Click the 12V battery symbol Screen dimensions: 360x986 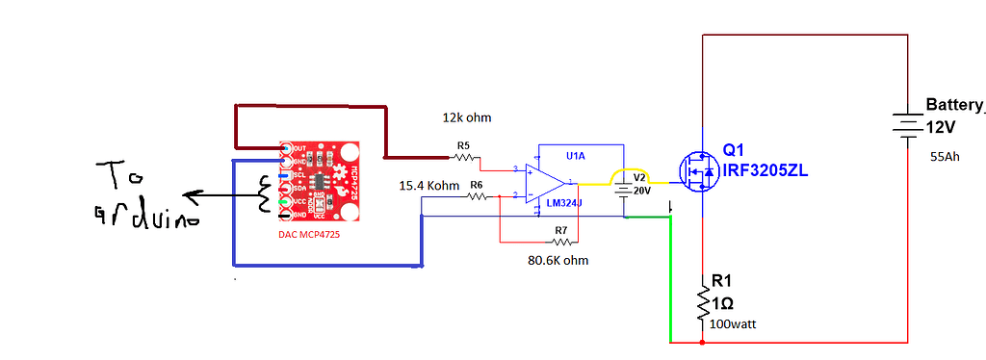pyautogui.click(x=907, y=124)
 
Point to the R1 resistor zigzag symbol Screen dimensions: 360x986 pyautogui.click(x=703, y=303)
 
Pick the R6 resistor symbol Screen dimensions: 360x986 pyautogui.click(x=477, y=195)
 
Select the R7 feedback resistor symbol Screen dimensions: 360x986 pyautogui.click(x=560, y=242)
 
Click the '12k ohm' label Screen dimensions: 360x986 pyautogui.click(x=467, y=117)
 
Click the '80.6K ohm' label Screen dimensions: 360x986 pyautogui.click(x=558, y=261)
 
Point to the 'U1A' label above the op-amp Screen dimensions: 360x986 pyautogui.click(x=576, y=155)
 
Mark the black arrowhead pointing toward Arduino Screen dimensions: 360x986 pyautogui.click(x=192, y=199)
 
